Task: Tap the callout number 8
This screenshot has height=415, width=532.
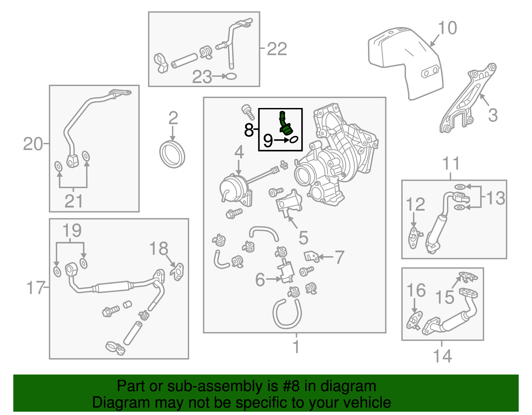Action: click(249, 130)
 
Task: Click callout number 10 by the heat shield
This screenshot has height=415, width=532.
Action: click(447, 28)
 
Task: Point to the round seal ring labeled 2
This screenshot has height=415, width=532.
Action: click(172, 154)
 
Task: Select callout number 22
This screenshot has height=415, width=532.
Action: click(277, 49)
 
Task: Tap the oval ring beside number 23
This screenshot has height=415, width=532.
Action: click(231, 76)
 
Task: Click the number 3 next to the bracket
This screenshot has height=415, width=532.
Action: click(492, 115)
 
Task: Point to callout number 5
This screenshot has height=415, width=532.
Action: click(303, 238)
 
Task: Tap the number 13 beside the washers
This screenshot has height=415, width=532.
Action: click(495, 198)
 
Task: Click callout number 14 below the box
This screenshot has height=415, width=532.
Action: click(442, 356)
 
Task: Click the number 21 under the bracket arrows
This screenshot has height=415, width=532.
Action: click(73, 201)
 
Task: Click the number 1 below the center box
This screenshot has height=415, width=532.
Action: click(296, 347)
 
